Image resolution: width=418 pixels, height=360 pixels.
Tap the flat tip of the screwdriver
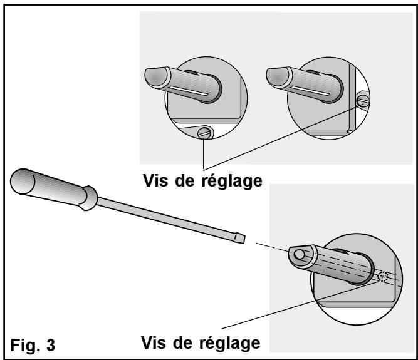(238, 238)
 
